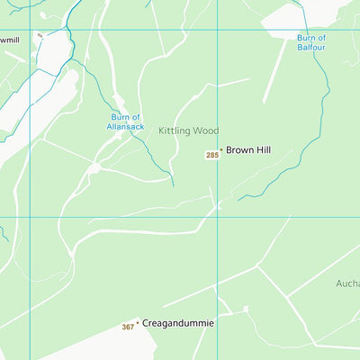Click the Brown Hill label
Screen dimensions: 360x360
pyautogui.click(x=247, y=150)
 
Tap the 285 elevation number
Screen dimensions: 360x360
pyautogui.click(x=212, y=156)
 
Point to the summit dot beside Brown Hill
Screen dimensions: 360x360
pyautogui.click(x=220, y=150)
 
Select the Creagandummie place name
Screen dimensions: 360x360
pyautogui.click(x=178, y=322)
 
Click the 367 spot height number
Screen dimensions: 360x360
pyautogui.click(x=128, y=327)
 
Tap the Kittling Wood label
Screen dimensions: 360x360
pyautogui.click(x=189, y=131)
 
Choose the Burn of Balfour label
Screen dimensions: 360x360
pyautogui.click(x=311, y=41)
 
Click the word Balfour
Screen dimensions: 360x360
pyautogui.click(x=311, y=47)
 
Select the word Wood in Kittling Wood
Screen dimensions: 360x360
pyautogui.click(x=204, y=131)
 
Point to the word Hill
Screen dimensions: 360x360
pyautogui.click(x=261, y=150)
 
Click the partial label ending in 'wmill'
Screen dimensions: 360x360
pyautogui.click(x=9, y=40)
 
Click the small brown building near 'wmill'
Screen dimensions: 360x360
pyautogui.click(x=40, y=35)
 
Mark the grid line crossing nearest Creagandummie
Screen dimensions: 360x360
pyautogui.click(x=217, y=217)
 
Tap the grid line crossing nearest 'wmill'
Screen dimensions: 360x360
pyautogui.click(x=31, y=30)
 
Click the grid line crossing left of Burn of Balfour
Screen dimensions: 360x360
pyautogui.click(x=217, y=30)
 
